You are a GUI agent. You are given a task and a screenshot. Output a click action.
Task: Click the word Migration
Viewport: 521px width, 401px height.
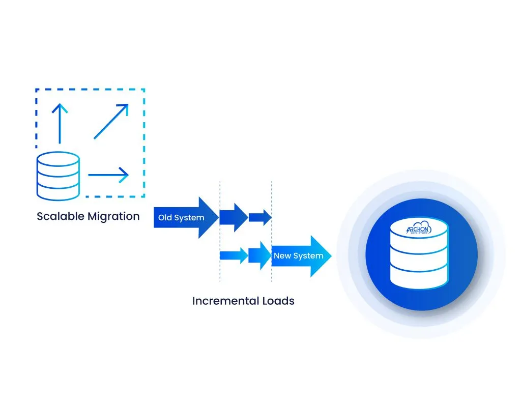(113, 216)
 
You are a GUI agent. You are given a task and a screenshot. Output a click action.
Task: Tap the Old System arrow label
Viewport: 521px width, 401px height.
(181, 218)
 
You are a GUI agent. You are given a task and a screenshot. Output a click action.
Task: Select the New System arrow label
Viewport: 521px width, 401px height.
(299, 256)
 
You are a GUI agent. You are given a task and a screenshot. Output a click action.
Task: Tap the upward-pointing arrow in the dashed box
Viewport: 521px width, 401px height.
(60, 122)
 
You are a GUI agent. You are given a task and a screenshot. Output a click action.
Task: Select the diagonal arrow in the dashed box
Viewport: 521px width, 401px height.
(111, 121)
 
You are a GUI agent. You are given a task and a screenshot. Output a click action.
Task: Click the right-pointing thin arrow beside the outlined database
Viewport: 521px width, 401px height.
(108, 175)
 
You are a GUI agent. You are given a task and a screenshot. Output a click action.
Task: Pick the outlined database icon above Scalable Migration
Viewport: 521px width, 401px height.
(58, 176)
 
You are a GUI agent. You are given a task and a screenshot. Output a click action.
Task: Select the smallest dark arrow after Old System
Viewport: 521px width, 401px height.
(260, 218)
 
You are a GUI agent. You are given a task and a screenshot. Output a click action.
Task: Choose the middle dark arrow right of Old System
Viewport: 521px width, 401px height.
(234, 218)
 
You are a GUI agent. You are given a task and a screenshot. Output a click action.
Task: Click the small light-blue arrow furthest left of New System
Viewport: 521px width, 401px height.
(234, 255)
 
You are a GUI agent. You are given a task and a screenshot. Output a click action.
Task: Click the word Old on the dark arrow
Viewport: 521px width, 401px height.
(165, 218)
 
